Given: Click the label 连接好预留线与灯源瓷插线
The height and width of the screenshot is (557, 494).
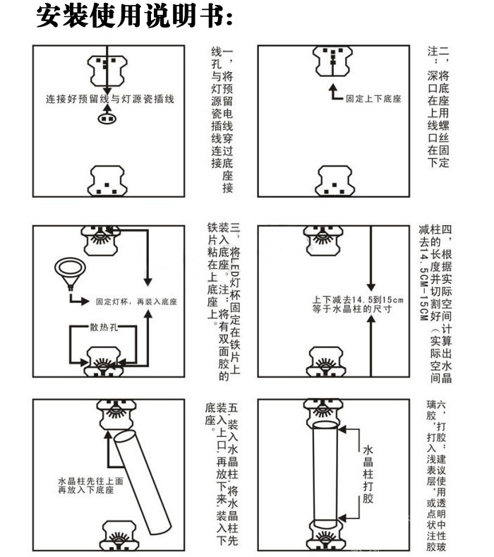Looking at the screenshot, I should point(109,99).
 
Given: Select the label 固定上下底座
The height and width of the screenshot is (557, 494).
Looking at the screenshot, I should point(373,99).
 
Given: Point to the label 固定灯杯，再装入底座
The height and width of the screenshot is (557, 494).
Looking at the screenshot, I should point(136,301).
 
